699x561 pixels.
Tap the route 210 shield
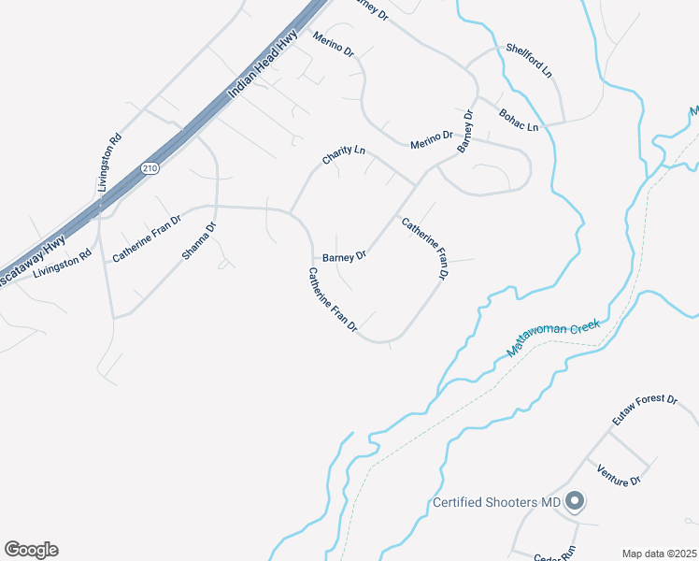pyautogui.click(x=150, y=167)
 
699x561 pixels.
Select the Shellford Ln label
pyautogui.click(x=529, y=59)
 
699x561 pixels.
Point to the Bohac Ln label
pyautogui.click(x=520, y=120)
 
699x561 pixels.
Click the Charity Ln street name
pyautogui.click(x=343, y=155)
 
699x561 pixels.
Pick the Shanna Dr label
pyautogui.click(x=199, y=240)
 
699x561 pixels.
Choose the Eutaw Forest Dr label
pyautogui.click(x=644, y=411)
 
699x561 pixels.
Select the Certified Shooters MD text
pyautogui.click(x=496, y=503)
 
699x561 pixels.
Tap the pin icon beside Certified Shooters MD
pyautogui.click(x=575, y=503)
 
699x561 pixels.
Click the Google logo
pyautogui.click(x=31, y=550)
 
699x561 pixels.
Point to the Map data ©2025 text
pyautogui.click(x=659, y=554)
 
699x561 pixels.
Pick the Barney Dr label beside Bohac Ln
pyautogui.click(x=465, y=132)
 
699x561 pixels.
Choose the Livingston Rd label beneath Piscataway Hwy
pyautogui.click(x=62, y=265)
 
